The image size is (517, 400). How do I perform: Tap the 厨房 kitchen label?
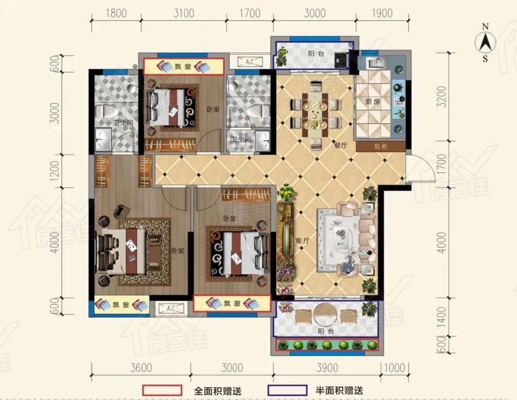pyautogui.click(x=372, y=102)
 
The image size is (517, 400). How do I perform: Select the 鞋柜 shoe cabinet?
pyautogui.click(x=381, y=146)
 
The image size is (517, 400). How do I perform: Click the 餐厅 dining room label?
pyautogui.click(x=341, y=145)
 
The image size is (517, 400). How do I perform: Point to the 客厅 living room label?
pyautogui.click(x=303, y=240)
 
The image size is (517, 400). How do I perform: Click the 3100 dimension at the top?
pyautogui.click(x=184, y=13)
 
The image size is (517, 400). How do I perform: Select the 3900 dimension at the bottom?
pyautogui.click(x=327, y=368)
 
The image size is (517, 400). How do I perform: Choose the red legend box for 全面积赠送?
pyautogui.click(x=162, y=390)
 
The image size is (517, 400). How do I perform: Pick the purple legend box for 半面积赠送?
pyautogui.click(x=288, y=390)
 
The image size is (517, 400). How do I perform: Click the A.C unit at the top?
pyautogui.click(x=250, y=62)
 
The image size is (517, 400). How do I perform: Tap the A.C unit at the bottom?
pyautogui.click(x=171, y=309)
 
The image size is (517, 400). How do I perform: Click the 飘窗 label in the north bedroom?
pyautogui.click(x=183, y=67)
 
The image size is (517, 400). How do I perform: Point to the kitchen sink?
pyautogui.click(x=374, y=63)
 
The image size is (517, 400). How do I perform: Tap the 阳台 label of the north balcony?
pyautogui.click(x=316, y=54)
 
